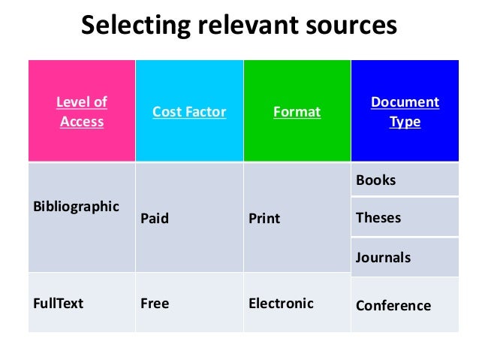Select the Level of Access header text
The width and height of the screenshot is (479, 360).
pyautogui.click(x=82, y=111)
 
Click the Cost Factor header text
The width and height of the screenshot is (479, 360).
pyautogui.click(x=189, y=112)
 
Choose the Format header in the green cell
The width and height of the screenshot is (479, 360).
pyautogui.click(x=297, y=112)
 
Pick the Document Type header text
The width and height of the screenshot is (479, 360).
pyautogui.click(x=405, y=111)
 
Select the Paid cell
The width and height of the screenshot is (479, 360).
pyautogui.click(x=155, y=219)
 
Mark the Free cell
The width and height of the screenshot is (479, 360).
pyautogui.click(x=155, y=304)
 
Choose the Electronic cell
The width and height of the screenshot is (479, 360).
pyautogui.click(x=281, y=304)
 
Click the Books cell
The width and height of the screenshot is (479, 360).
pyautogui.click(x=376, y=180)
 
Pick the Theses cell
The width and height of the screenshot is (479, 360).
pyautogui.click(x=378, y=218)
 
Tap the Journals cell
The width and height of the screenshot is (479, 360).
pyautogui.click(x=383, y=258)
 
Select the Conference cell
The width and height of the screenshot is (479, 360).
pyautogui.click(x=393, y=305)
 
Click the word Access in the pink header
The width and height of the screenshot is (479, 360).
pyautogui.click(x=82, y=121)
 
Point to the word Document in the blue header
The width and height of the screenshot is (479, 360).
pyautogui.click(x=405, y=101)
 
